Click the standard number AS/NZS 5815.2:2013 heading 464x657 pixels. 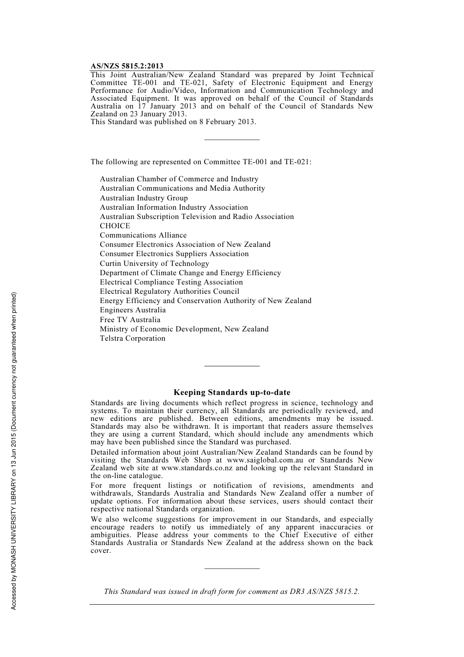pos(127,66)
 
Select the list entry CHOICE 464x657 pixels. pos(115,226)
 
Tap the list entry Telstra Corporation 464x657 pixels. pos(132,338)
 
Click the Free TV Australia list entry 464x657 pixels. pos(130,320)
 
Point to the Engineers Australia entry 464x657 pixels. pos(132,310)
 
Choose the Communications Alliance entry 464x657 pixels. pos(143,235)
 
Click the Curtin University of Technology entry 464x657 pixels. pos(154,263)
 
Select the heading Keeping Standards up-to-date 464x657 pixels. pos(232,393)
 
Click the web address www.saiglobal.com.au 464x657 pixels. pos(265,460)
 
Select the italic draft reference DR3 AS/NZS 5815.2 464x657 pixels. pos(324,591)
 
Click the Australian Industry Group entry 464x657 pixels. pos(144,198)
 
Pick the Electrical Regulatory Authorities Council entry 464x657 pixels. pos(169,291)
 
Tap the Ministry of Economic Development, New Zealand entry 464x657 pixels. pos(184,329)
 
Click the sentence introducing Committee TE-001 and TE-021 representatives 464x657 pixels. pos(201,162)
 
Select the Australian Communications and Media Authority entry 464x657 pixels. pos(182,188)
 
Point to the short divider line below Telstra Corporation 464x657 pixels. pos(232,366)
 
